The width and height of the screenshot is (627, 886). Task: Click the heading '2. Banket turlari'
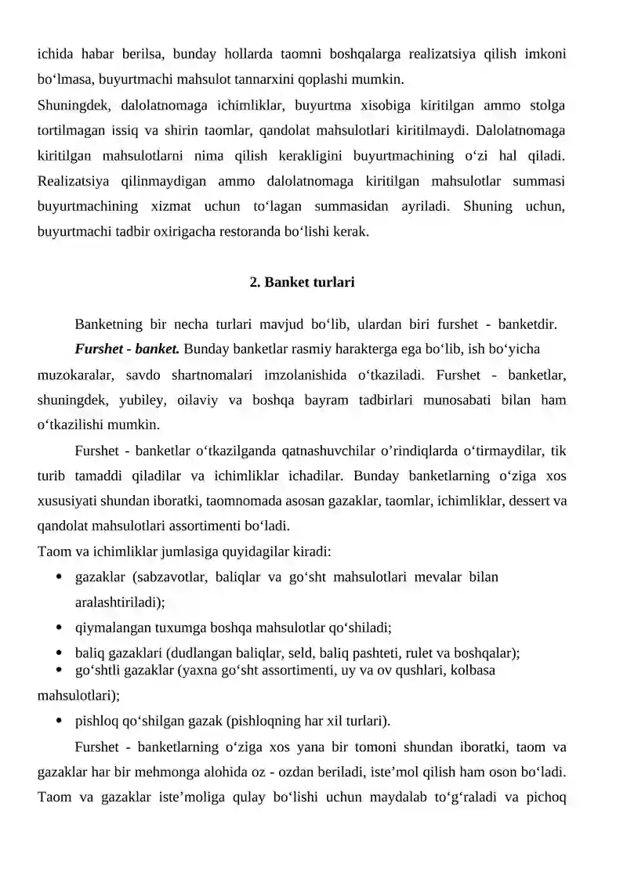tap(302, 282)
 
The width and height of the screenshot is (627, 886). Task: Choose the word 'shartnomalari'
tap(224, 374)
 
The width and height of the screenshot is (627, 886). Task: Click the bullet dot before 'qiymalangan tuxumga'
tap(60, 627)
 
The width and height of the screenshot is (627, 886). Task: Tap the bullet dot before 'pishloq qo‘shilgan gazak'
tap(60, 720)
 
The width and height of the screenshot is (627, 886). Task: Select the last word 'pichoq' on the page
tap(547, 798)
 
